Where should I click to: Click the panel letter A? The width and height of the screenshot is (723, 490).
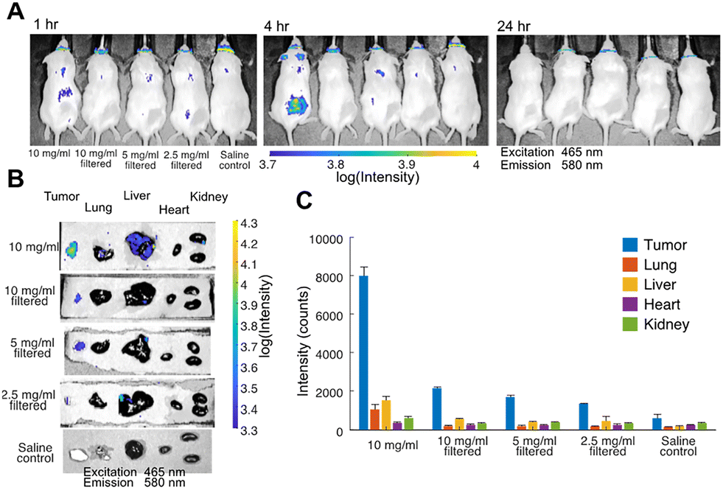point(15,11)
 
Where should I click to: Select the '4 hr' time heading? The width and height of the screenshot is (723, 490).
point(276,26)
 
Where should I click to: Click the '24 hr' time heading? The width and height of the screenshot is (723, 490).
point(514,26)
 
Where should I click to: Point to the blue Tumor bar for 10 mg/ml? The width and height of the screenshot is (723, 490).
point(364,353)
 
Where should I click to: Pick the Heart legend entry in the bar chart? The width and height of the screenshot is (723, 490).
point(651,304)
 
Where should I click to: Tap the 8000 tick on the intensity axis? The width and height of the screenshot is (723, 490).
point(330,277)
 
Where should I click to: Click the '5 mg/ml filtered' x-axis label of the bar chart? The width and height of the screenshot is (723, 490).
point(535,446)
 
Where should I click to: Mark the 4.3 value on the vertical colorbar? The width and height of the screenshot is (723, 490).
point(249,223)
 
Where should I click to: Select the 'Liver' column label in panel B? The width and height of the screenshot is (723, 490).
point(137,195)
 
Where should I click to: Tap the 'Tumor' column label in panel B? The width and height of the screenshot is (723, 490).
point(62,197)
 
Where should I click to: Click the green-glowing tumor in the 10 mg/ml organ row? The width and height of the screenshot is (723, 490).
point(71,250)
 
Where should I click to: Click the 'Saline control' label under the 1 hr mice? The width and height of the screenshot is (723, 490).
point(234,160)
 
